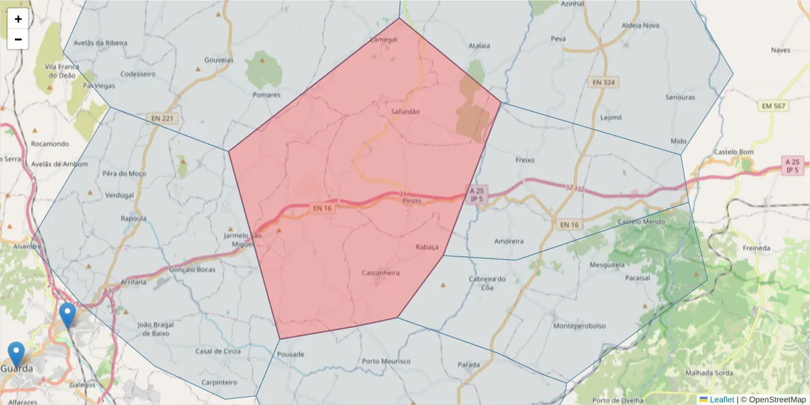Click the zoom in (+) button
[x=18, y=19]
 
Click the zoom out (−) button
[x=18, y=39]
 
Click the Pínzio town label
[x=412, y=201]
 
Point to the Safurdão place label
[x=405, y=111]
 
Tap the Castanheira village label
[x=381, y=273]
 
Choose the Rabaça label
[x=427, y=247]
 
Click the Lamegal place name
[x=384, y=40]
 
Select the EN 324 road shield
[x=603, y=82]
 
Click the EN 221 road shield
[x=162, y=119]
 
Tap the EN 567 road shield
[x=774, y=106]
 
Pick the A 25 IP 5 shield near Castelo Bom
[x=792, y=165]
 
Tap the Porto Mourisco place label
[x=386, y=361]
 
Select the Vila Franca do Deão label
[x=62, y=71]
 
